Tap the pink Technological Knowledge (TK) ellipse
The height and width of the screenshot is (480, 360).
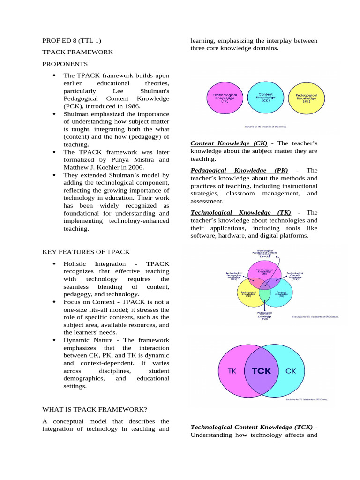tap(225, 97)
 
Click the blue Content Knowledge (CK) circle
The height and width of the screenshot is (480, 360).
tap(265, 97)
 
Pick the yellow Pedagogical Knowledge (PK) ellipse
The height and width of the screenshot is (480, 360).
tap(307, 97)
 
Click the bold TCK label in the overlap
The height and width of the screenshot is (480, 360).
tap(261, 371)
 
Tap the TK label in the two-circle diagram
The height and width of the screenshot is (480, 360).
tap(232, 371)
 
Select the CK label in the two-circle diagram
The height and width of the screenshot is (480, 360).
tap(291, 371)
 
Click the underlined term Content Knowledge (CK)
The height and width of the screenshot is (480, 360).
tap(229, 143)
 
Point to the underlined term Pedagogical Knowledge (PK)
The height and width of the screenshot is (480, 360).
tap(239, 171)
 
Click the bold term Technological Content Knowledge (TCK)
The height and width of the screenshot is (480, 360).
tap(253, 427)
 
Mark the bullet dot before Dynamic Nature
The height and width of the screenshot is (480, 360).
tap(54, 340)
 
